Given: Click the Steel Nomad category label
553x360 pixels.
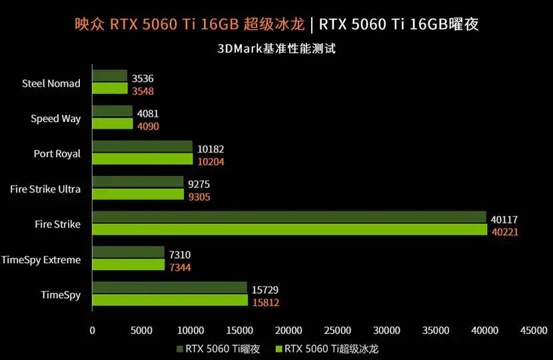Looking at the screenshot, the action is tap(51, 83).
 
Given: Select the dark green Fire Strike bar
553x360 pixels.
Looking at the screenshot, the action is tap(289, 217).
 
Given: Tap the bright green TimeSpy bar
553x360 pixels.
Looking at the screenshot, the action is tap(170, 301).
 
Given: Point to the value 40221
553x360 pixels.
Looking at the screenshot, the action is tap(505, 232).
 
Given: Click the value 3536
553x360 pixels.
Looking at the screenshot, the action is tap(143, 79).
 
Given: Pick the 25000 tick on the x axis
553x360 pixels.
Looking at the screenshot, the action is tap(338, 331).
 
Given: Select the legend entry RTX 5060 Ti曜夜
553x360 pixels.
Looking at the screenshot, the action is tap(219, 349).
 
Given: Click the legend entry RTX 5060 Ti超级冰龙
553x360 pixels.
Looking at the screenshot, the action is tap(327, 349).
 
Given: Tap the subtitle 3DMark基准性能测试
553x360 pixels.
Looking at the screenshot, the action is tap(276, 49).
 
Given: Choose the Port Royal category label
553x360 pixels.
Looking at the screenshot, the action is tap(57, 154).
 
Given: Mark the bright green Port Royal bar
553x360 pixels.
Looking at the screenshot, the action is tap(143, 159).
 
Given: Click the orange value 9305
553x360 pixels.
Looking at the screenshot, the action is tap(199, 197).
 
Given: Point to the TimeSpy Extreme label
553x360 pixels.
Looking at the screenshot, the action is tap(41, 260).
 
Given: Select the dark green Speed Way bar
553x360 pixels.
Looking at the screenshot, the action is tap(113, 111).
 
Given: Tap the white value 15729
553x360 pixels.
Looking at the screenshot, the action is tap(265, 290).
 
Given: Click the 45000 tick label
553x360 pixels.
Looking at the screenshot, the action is tap(534, 331).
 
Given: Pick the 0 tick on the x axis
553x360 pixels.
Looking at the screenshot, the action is tap(93, 331).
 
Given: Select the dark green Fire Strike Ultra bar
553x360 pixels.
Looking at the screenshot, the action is tap(138, 182).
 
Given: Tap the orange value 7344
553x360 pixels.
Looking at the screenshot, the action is tap(180, 267).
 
